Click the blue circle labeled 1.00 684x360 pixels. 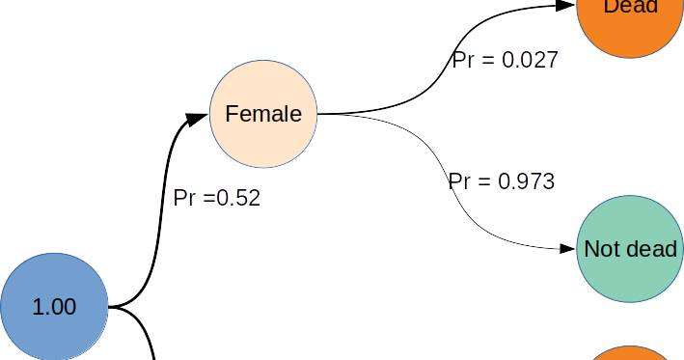click(x=53, y=307)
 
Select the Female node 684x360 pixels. click(x=263, y=114)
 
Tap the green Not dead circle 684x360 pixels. click(x=630, y=249)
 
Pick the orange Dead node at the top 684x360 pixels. click(x=630, y=19)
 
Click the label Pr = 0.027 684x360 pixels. click(x=505, y=60)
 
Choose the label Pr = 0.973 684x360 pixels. click(x=502, y=180)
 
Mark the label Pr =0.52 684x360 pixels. click(x=216, y=198)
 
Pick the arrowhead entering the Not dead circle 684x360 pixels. click(x=566, y=248)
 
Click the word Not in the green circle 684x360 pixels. click(x=601, y=249)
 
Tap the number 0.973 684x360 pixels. click(x=526, y=180)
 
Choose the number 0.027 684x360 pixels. click(x=529, y=60)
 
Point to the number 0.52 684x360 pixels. click(x=238, y=198)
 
